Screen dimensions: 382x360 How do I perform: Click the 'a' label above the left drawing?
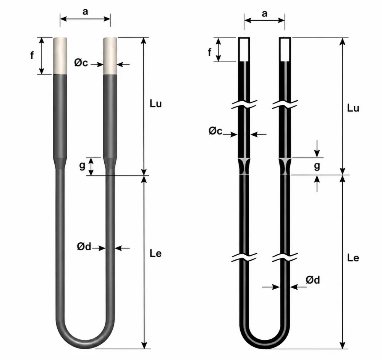(x=85, y=11)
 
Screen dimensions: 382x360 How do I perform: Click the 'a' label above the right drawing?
(x=265, y=14)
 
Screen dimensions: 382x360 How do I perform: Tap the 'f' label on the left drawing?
(x=32, y=55)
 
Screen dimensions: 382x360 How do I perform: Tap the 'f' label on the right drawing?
(x=209, y=52)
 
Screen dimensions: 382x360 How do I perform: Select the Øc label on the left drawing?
(x=81, y=63)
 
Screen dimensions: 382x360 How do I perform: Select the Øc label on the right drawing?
(x=215, y=131)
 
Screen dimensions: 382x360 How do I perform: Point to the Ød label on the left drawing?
(x=84, y=246)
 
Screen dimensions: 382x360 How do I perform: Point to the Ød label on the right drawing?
(x=313, y=280)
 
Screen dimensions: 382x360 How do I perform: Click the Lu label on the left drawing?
(x=155, y=104)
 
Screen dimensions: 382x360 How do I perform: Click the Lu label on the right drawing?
(x=353, y=108)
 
